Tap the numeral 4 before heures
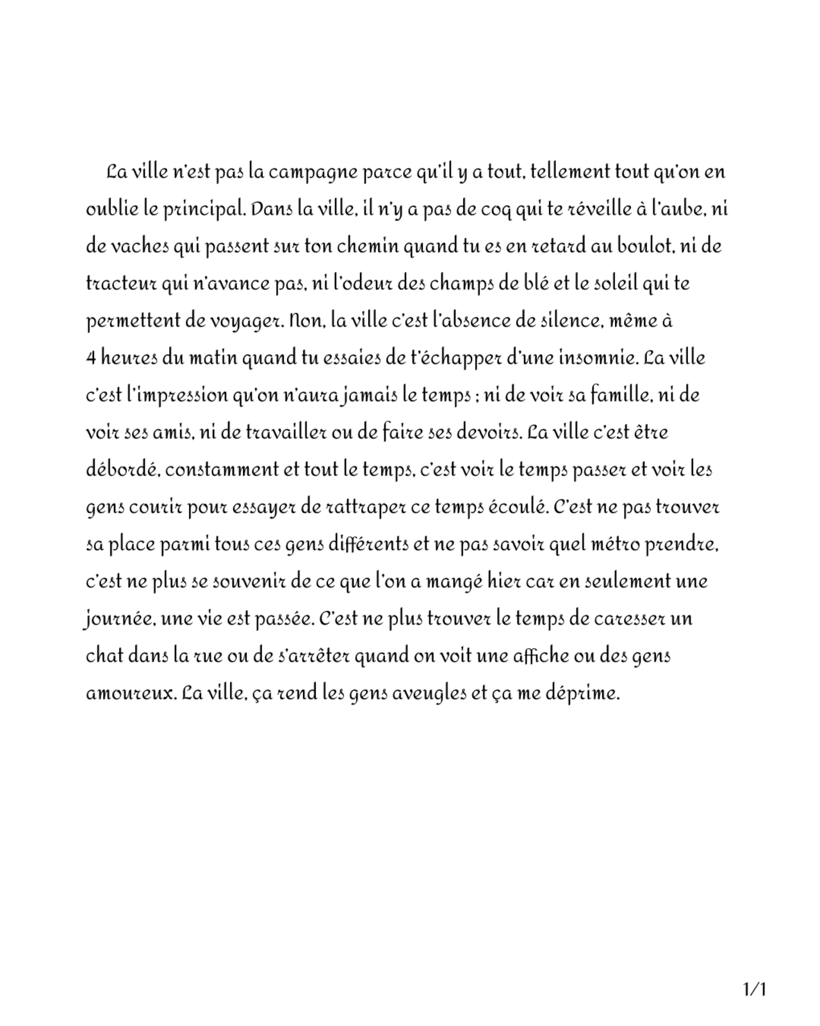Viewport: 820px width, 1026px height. point(90,358)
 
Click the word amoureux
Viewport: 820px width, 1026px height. point(129,694)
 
